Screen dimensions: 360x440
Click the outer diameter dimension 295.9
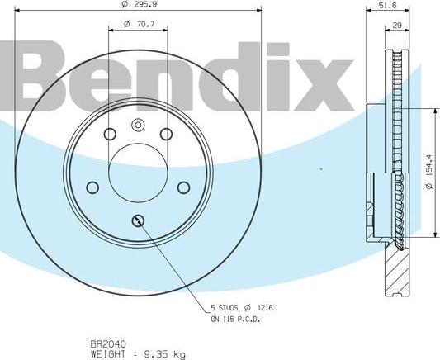pos(138,5)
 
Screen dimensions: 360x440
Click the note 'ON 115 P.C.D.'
pos(238,319)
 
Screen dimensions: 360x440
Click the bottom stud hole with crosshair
pos(138,220)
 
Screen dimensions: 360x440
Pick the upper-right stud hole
pos(165,135)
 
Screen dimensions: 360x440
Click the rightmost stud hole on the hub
pos(183,187)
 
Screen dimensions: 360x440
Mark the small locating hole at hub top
pos(138,125)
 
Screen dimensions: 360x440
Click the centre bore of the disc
pos(138,172)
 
